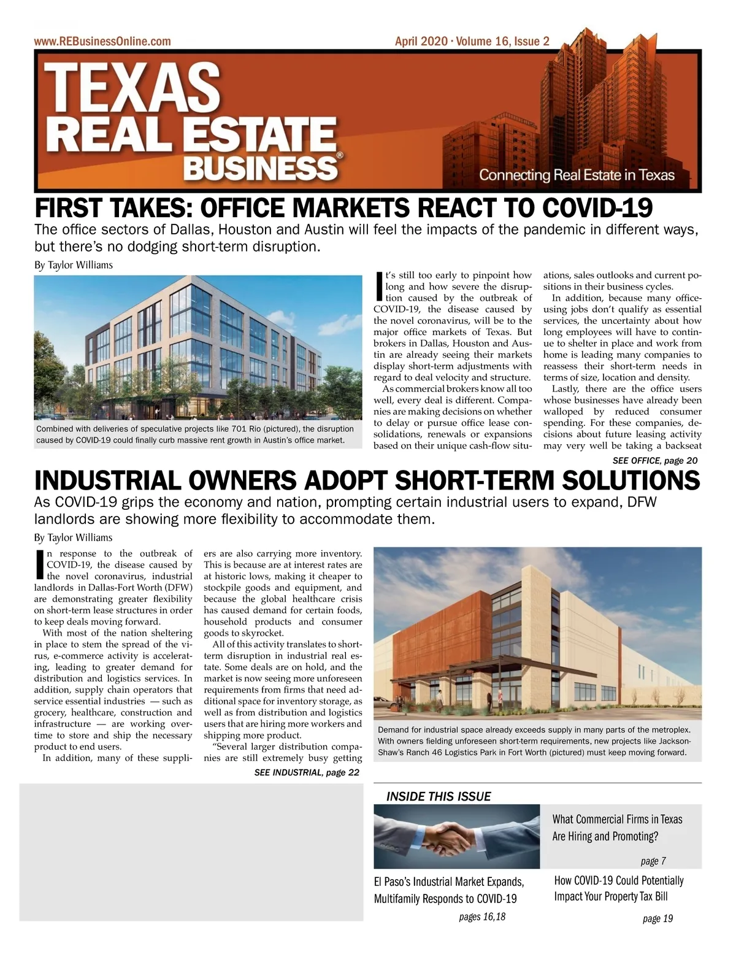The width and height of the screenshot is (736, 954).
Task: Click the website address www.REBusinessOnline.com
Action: click(x=102, y=42)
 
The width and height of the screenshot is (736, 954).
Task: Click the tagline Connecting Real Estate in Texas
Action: click(x=577, y=175)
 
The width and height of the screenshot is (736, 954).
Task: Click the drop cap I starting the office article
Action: click(x=379, y=286)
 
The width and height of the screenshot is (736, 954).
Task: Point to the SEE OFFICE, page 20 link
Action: click(x=654, y=460)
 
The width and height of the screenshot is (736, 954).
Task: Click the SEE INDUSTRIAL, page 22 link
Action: click(x=307, y=772)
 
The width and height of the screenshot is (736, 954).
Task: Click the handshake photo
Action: click(x=456, y=836)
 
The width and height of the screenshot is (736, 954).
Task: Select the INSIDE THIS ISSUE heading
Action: click(x=439, y=796)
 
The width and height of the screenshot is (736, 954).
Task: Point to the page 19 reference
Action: click(x=657, y=918)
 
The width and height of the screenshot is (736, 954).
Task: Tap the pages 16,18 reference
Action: click(x=482, y=917)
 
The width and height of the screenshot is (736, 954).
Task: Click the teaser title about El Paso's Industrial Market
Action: click(x=448, y=890)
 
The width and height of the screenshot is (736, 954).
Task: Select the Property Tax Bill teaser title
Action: click(x=618, y=888)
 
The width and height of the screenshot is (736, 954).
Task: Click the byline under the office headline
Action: click(x=74, y=265)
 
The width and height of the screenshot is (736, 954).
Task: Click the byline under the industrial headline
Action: click(x=74, y=537)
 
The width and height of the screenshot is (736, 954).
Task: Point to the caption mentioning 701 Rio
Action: click(x=195, y=434)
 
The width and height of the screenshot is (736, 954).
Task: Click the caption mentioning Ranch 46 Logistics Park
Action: click(x=534, y=741)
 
